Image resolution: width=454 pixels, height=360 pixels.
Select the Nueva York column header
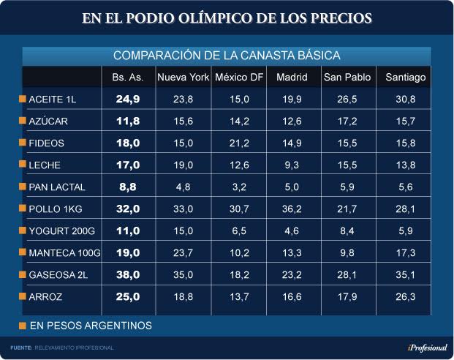(x=184, y=77)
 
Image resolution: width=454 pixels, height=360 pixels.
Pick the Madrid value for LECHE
(x=292, y=165)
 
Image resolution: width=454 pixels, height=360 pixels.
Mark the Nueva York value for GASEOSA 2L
(x=184, y=275)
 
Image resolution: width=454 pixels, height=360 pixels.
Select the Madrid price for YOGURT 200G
(x=292, y=231)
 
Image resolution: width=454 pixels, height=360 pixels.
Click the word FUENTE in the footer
(x=20, y=347)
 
